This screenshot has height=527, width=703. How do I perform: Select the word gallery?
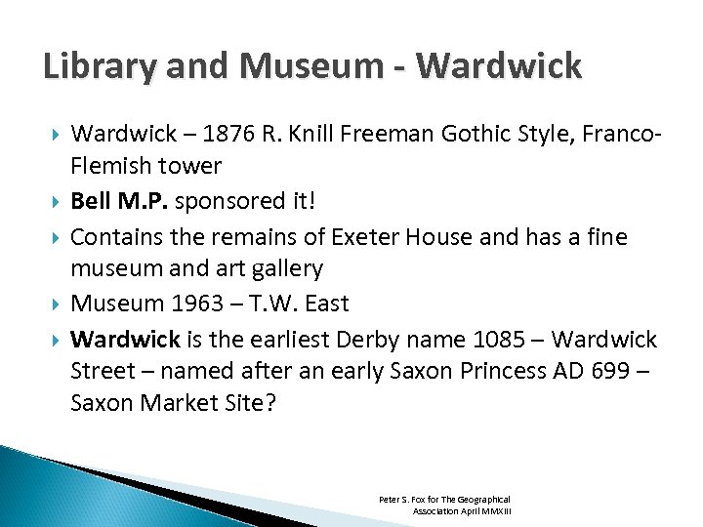pos(283,268)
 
